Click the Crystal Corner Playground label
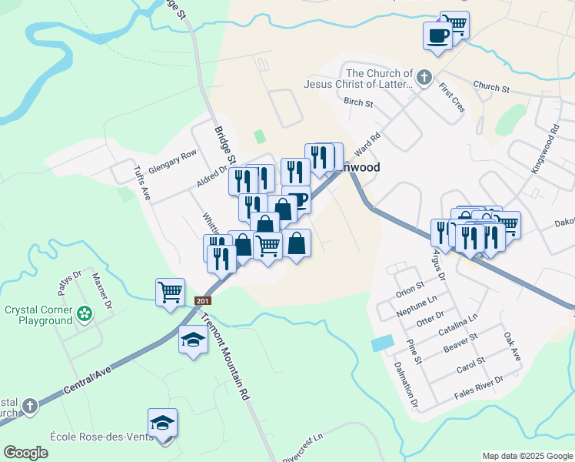[38, 315]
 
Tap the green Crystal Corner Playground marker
[84, 313]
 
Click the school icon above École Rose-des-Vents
[162, 423]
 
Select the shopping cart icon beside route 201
[170, 292]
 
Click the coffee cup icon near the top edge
[437, 35]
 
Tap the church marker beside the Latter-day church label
[423, 77]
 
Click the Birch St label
[358, 102]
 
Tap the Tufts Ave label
[142, 183]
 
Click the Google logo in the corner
[26, 452]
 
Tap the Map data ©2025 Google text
[527, 456]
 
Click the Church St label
[491, 88]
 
